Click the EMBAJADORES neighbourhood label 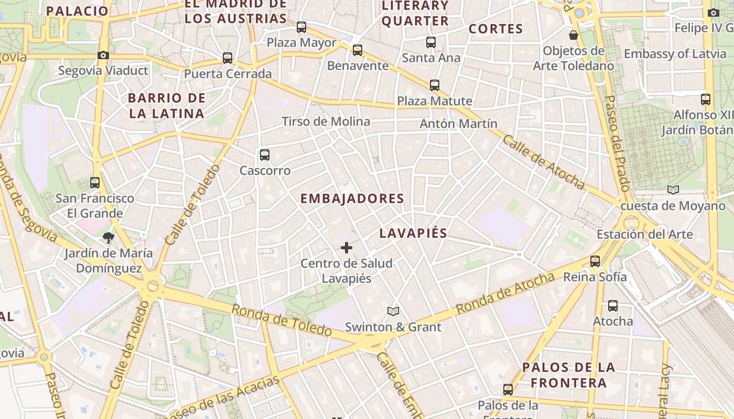352,199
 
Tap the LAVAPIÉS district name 413,233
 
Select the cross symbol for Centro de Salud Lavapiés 347,248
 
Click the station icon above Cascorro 265,155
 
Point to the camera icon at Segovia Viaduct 103,55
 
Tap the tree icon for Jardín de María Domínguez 109,238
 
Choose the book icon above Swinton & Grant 393,312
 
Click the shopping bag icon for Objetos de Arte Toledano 574,35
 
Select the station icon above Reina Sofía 595,261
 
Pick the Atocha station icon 613,306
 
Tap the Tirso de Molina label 326,122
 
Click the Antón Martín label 459,124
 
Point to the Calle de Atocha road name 543,162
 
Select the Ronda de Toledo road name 282,320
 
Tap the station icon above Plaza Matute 435,85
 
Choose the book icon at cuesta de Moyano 673,190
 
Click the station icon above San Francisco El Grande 95,183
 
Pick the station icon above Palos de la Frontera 508,390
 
